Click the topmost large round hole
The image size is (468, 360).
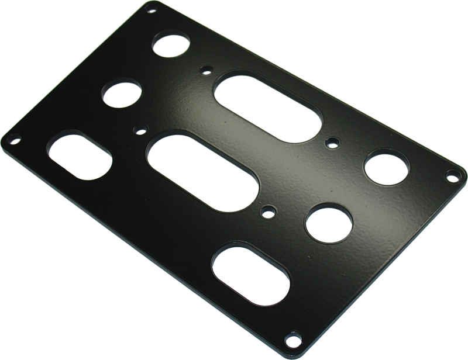tap(172, 47)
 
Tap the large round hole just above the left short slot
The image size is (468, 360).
tap(123, 95)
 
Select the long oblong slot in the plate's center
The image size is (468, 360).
tap(203, 172)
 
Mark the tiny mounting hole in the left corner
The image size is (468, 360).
tap(12, 140)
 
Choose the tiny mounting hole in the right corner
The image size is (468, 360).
tap(451, 174)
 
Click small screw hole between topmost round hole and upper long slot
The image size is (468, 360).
tap(205, 71)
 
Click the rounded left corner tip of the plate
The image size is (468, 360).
tap(4, 140)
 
